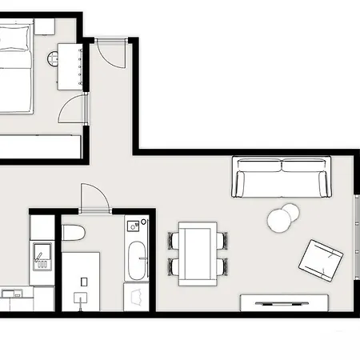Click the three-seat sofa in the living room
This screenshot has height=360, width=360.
pyautogui.click(x=281, y=177)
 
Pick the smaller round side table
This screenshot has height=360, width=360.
pyautogui.click(x=290, y=211)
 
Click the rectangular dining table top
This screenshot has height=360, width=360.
pyautogui.click(x=198, y=252)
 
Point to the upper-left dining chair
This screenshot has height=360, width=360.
pyautogui.click(x=174, y=240)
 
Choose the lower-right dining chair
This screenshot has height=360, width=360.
pyautogui.click(x=222, y=265)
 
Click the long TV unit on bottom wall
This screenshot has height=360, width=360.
pyautogui.click(x=284, y=302)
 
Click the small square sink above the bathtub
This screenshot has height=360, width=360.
pyautogui.click(x=135, y=226)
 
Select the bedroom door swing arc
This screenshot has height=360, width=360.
pyautogui.click(x=71, y=109)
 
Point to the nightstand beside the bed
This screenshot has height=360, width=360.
pyautogui.click(x=44, y=26)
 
